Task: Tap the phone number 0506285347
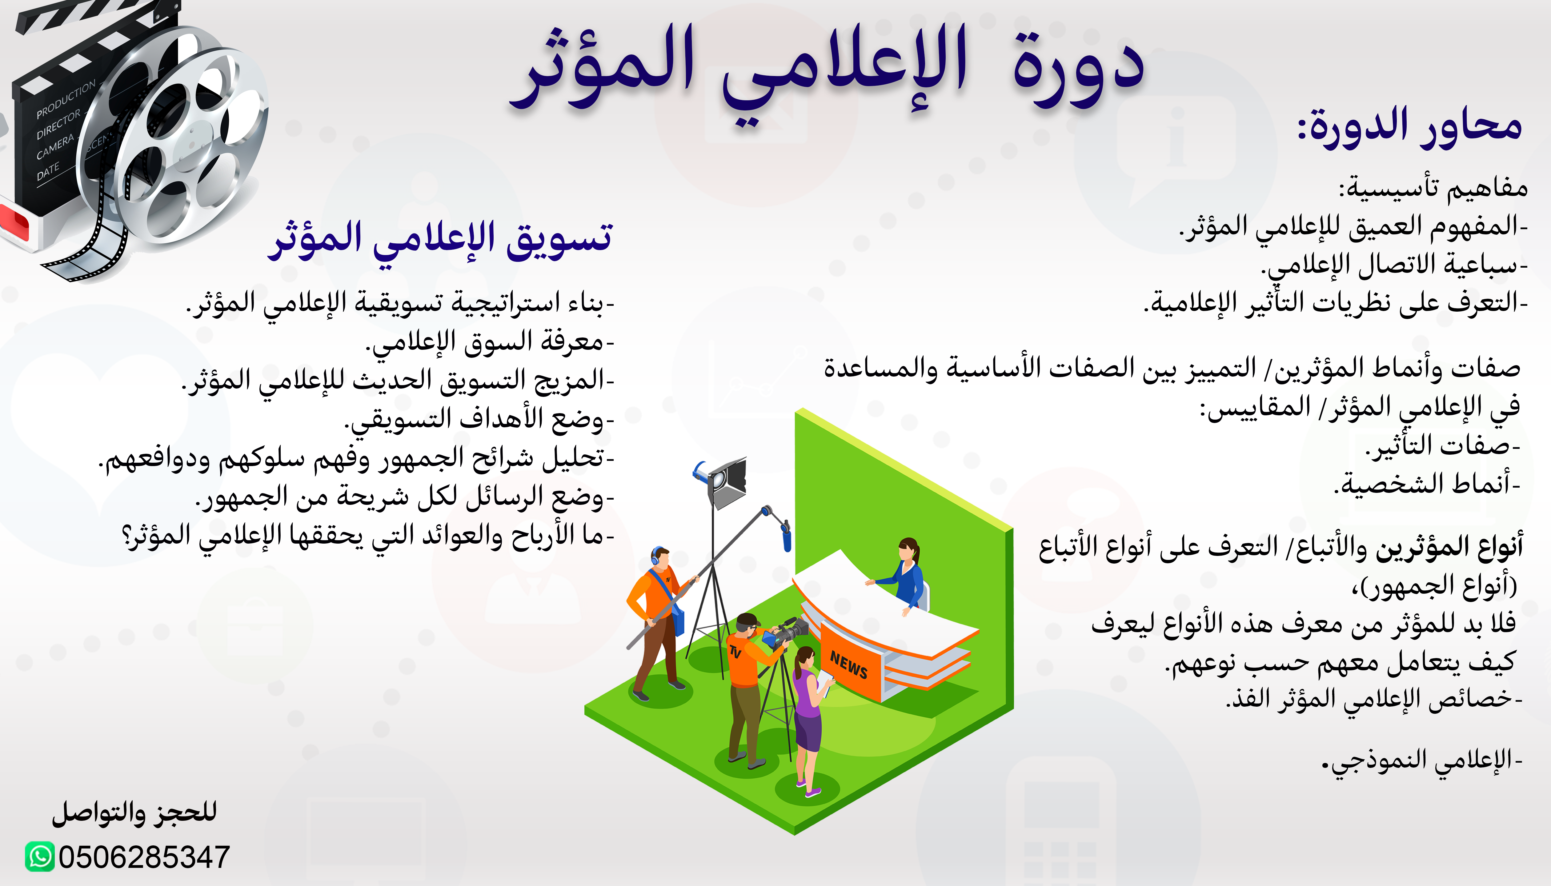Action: pos(144,857)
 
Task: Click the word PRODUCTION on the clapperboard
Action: pos(66,99)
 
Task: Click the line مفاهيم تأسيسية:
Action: pos(1433,187)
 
